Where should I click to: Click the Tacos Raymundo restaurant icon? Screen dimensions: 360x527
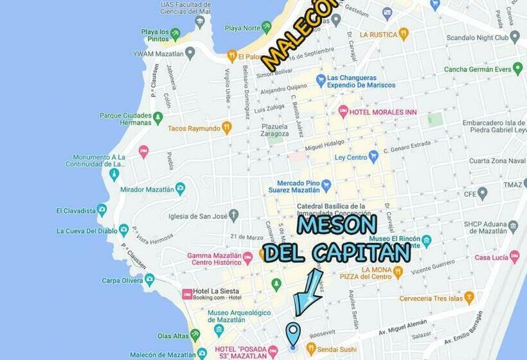[x=226, y=127]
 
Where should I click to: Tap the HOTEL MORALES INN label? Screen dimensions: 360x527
[x=383, y=112]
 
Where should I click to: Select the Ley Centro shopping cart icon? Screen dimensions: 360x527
[x=373, y=157]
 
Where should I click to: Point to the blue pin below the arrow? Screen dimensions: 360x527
[x=293, y=335]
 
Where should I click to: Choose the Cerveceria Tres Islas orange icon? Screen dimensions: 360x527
[x=469, y=298]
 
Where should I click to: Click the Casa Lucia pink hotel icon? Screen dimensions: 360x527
[x=514, y=257]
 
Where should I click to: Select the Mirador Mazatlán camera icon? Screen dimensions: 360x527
[x=180, y=189]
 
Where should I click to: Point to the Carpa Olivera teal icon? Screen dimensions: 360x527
[x=149, y=280]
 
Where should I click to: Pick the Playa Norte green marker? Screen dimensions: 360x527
[x=267, y=28]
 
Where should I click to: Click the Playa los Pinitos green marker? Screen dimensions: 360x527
[x=175, y=34]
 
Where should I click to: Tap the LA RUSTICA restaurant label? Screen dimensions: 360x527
[x=379, y=34]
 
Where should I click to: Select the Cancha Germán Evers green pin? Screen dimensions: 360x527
[x=518, y=69]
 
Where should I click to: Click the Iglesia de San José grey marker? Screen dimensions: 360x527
[x=233, y=215]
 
